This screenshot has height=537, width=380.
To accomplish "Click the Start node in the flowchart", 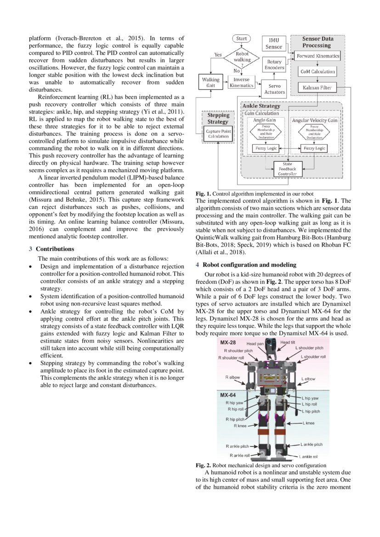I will pos(242,39).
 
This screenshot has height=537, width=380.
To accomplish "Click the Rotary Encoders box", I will pos(274,65).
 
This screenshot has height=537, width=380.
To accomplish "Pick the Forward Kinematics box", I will pos(318,56).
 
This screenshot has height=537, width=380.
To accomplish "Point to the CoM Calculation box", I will pos(318,72).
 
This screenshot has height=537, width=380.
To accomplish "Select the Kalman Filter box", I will pos(318,87).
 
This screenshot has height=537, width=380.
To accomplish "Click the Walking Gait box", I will pos(211,83).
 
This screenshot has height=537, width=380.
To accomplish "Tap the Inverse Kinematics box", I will pos(241,83).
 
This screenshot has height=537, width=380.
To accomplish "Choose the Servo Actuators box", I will pos(274,89).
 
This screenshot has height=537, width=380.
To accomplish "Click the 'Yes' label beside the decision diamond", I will pos(218,55).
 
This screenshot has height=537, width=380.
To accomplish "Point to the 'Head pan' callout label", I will pos(255,343).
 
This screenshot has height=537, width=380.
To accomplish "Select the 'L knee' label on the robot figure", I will pos(308,423).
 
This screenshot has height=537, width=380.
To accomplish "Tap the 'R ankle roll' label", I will pos(238,455).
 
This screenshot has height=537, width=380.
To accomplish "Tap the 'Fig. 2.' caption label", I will pos(203,465).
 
